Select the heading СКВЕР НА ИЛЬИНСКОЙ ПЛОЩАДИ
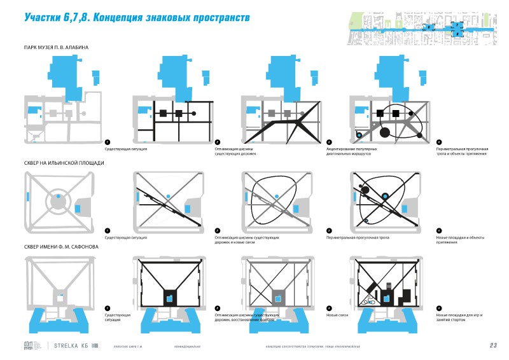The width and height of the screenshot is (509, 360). [63, 163]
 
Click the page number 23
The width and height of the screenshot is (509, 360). [493, 345]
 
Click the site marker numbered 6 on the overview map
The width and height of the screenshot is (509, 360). [429, 27]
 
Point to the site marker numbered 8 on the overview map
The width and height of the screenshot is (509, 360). [457, 34]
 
